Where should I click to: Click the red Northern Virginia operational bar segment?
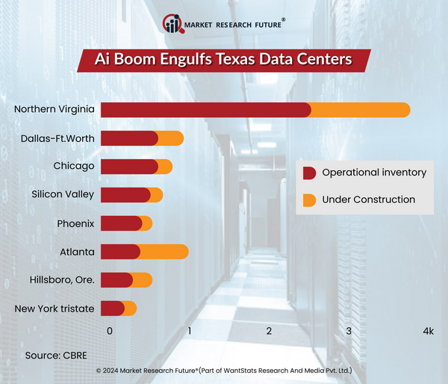click(x=205, y=110)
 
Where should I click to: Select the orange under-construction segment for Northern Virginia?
click(x=358, y=110)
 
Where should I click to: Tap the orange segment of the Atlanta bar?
click(x=164, y=252)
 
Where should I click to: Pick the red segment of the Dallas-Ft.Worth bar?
click(x=129, y=138)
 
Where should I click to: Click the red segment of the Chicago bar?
click(x=129, y=167)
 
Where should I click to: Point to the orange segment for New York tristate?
click(x=131, y=309)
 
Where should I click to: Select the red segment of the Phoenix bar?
click(x=120, y=223)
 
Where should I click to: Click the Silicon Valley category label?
click(x=63, y=195)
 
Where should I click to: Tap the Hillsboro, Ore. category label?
click(x=63, y=280)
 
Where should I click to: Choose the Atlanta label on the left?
click(x=77, y=252)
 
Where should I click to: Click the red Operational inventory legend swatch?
click(x=309, y=173)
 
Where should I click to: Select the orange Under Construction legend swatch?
click(x=309, y=200)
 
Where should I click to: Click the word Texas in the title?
click(x=237, y=59)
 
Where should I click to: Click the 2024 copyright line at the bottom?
click(x=224, y=371)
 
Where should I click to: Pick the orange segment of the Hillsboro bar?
click(x=143, y=280)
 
